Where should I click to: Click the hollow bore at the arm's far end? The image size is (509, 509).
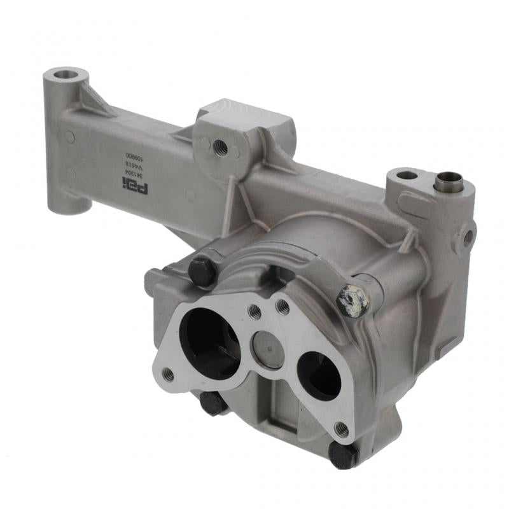(66, 74)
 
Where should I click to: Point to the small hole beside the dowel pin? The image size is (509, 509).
(407, 175)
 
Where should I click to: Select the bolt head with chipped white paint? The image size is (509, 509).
(353, 300)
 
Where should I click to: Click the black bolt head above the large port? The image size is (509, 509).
(202, 271)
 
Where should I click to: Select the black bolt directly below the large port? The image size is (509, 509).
(213, 403)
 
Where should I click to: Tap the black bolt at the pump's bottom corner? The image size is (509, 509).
(344, 455)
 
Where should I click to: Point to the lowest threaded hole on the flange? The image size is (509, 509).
(341, 428)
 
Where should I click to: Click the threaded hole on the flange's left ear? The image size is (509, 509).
(168, 374)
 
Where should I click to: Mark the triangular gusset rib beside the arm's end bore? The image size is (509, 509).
(95, 101)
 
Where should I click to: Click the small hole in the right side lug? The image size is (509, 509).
(468, 238)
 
